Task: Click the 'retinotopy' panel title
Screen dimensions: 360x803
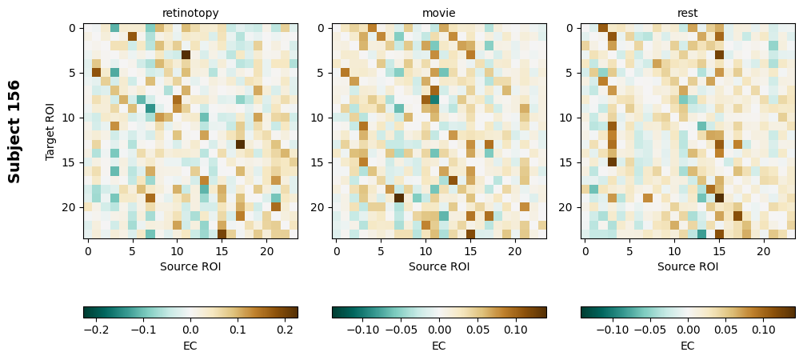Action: [190, 13]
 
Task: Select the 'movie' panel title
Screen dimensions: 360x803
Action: [439, 13]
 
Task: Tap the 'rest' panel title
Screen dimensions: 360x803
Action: [688, 13]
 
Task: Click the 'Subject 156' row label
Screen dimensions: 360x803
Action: [14, 131]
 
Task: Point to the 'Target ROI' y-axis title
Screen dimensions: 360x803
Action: [50, 131]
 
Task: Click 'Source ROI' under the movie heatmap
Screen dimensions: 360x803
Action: [439, 266]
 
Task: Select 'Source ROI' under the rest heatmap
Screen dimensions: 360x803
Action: [688, 266]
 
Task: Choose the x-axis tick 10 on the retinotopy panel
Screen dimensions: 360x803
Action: [177, 251]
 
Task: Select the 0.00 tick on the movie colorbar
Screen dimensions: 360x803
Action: [439, 329]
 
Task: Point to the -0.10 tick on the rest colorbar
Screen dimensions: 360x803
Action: [613, 329]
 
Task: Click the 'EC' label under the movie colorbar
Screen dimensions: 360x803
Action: [439, 346]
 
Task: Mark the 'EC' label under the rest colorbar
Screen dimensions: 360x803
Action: [688, 346]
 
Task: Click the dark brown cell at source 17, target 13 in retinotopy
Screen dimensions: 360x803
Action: [240, 144]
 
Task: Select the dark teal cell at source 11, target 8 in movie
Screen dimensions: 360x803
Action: [434, 99]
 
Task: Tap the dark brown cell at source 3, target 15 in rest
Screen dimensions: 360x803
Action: [612, 162]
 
